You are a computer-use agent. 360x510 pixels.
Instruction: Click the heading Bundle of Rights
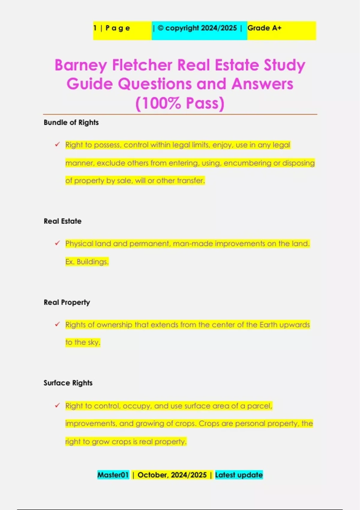click(x=71, y=122)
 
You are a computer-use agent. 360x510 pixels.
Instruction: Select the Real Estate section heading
click(x=62, y=221)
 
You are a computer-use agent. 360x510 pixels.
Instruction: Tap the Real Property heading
click(x=67, y=302)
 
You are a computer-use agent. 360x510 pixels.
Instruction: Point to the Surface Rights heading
click(x=68, y=383)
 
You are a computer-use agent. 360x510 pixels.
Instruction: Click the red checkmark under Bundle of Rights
click(x=57, y=145)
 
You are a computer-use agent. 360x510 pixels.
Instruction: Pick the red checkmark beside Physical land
click(x=57, y=243)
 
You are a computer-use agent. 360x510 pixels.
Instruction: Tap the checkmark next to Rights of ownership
click(x=57, y=324)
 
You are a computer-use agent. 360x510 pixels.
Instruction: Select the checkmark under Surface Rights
click(x=57, y=406)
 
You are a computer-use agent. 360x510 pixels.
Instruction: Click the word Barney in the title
click(x=81, y=65)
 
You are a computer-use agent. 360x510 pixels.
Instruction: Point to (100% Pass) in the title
click(x=180, y=103)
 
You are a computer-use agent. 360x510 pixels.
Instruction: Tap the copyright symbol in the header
click(x=160, y=28)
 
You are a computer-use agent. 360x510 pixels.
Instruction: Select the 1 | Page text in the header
click(x=112, y=28)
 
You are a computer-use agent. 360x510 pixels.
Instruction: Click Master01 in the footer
click(x=113, y=475)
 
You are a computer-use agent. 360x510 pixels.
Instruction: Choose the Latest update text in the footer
click(x=239, y=475)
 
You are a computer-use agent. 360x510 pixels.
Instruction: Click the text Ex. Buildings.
click(x=87, y=262)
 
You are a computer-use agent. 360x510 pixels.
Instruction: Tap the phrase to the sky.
click(x=82, y=342)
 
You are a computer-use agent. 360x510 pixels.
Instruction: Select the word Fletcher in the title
click(x=142, y=65)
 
